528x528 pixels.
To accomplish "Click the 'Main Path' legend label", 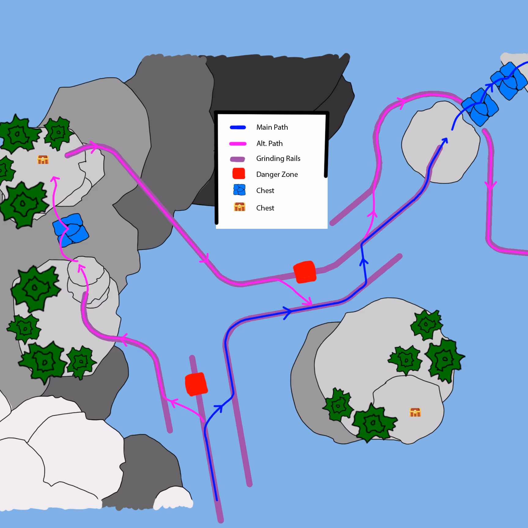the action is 272,127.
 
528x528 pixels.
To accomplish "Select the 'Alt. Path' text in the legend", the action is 270,143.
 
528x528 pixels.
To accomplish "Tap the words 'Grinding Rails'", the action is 278,158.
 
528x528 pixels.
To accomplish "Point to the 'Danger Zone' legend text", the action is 277,174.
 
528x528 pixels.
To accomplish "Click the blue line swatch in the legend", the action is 238,128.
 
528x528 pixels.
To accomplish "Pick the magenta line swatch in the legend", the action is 238,144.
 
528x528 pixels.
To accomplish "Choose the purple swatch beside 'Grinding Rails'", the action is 237,159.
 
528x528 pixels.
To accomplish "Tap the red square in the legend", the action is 239,173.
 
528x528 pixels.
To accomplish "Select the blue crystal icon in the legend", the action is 239,190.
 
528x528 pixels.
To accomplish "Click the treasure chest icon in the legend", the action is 240,207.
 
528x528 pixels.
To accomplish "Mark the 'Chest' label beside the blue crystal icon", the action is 265,191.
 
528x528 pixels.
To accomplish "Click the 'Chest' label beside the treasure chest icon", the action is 265,208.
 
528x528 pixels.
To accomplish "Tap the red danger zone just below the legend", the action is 305,272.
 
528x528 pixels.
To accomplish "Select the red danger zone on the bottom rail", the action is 196,384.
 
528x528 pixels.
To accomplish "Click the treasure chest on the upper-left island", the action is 43,160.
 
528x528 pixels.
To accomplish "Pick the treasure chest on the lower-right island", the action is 415,412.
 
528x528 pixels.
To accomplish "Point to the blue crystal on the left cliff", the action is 71,230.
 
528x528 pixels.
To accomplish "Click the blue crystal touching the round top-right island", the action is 480,107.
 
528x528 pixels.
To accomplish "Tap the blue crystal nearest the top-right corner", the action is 509,81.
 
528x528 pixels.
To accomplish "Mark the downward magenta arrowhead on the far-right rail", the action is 490,185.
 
